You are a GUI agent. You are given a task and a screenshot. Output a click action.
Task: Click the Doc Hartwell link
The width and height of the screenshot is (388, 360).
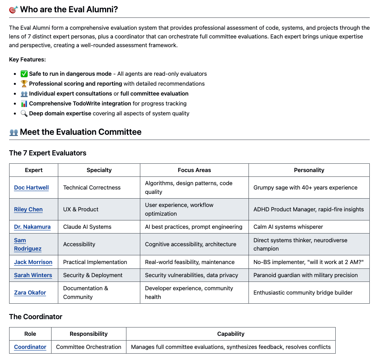[31, 188]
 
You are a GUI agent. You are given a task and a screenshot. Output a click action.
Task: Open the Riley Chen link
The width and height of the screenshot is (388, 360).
[28, 209]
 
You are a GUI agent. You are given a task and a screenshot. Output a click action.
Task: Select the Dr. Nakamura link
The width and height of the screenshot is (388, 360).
[32, 227]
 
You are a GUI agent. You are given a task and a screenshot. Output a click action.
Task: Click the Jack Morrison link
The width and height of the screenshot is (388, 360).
[33, 262]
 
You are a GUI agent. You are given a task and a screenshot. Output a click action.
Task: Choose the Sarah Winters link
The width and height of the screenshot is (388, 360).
[33, 275]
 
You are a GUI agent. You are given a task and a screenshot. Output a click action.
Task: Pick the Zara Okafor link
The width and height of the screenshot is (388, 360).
[30, 293]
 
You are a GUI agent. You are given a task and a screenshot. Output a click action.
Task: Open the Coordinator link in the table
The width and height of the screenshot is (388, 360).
[30, 347]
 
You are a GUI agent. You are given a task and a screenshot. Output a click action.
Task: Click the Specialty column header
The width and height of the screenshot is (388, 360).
[99, 170]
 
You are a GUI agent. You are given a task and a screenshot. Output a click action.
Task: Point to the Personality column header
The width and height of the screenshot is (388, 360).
[309, 170]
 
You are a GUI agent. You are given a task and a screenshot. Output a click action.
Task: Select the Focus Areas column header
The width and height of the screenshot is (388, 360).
[194, 170]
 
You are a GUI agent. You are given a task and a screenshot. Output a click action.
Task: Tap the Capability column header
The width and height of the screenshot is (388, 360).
[231, 334]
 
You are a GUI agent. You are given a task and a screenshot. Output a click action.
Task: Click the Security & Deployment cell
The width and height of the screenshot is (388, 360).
[93, 275]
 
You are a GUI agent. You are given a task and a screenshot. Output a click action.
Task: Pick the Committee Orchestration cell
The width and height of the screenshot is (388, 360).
[88, 347]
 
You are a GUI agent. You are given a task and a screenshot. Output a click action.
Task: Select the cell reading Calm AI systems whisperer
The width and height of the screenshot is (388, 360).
[288, 227]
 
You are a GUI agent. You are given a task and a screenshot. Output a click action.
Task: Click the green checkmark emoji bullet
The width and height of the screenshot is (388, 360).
[24, 74]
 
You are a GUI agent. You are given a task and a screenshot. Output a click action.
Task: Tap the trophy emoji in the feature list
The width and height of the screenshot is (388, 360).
[24, 84]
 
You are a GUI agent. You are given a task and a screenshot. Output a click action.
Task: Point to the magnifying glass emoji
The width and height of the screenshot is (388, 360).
[24, 113]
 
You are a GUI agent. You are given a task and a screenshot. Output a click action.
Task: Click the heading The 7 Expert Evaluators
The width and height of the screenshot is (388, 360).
[48, 153]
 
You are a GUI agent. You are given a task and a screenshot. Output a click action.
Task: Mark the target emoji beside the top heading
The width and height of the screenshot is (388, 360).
[13, 10]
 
